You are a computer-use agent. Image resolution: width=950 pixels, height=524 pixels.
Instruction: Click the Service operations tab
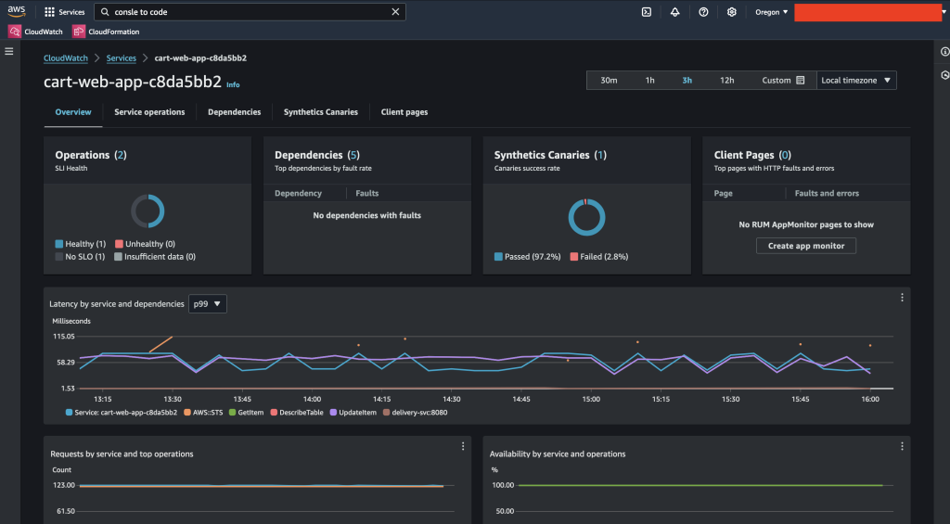(x=149, y=112)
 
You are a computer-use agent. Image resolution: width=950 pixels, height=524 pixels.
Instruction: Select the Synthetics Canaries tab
(x=320, y=112)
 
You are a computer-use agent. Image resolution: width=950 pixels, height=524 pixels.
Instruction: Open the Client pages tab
(x=404, y=112)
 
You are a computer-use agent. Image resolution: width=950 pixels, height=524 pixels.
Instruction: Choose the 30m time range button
(x=609, y=81)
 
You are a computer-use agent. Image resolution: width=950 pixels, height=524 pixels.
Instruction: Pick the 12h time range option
(x=726, y=81)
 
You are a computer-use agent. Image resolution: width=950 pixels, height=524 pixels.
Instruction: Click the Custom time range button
(x=782, y=81)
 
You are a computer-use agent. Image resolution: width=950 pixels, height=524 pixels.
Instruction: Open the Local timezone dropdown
(x=856, y=81)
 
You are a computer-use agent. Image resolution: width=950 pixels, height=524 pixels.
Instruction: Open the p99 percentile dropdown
(x=207, y=304)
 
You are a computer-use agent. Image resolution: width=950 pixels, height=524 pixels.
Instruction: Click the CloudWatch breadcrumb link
(x=66, y=58)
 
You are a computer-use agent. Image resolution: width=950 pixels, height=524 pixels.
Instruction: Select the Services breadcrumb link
(x=122, y=58)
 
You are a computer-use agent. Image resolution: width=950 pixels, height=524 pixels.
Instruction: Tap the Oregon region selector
(x=772, y=12)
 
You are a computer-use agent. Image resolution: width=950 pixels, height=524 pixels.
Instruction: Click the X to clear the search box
(x=396, y=12)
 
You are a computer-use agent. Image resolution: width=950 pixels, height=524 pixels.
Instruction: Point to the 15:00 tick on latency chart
(x=591, y=399)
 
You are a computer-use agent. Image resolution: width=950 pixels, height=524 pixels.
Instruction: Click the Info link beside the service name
(x=233, y=84)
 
